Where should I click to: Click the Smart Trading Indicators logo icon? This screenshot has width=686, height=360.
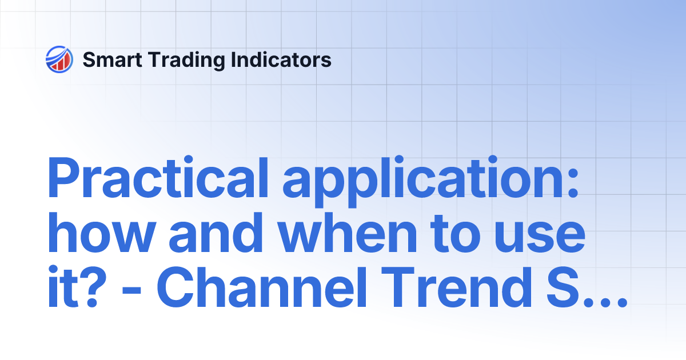click(x=59, y=59)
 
